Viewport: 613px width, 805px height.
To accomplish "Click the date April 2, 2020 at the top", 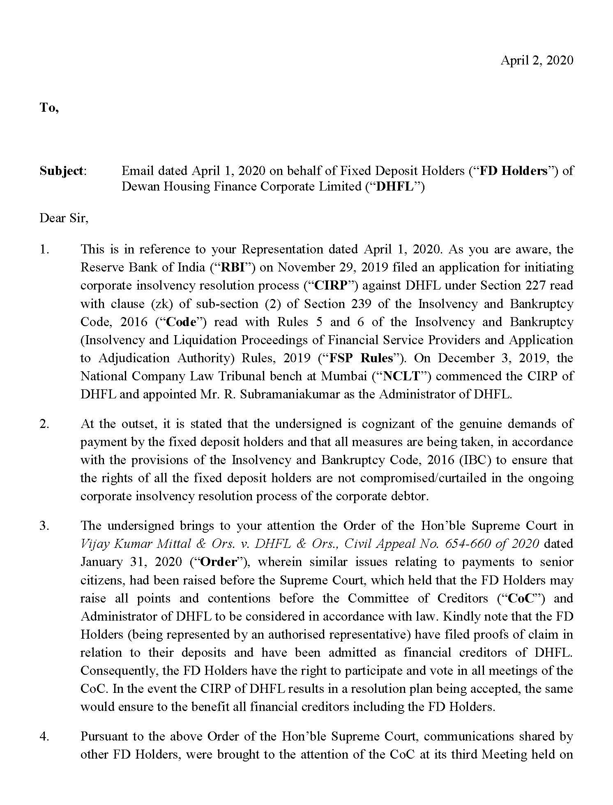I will tap(537, 60).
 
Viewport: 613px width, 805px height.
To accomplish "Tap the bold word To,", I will tap(49, 108).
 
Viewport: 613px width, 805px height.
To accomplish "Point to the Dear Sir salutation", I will tap(64, 218).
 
